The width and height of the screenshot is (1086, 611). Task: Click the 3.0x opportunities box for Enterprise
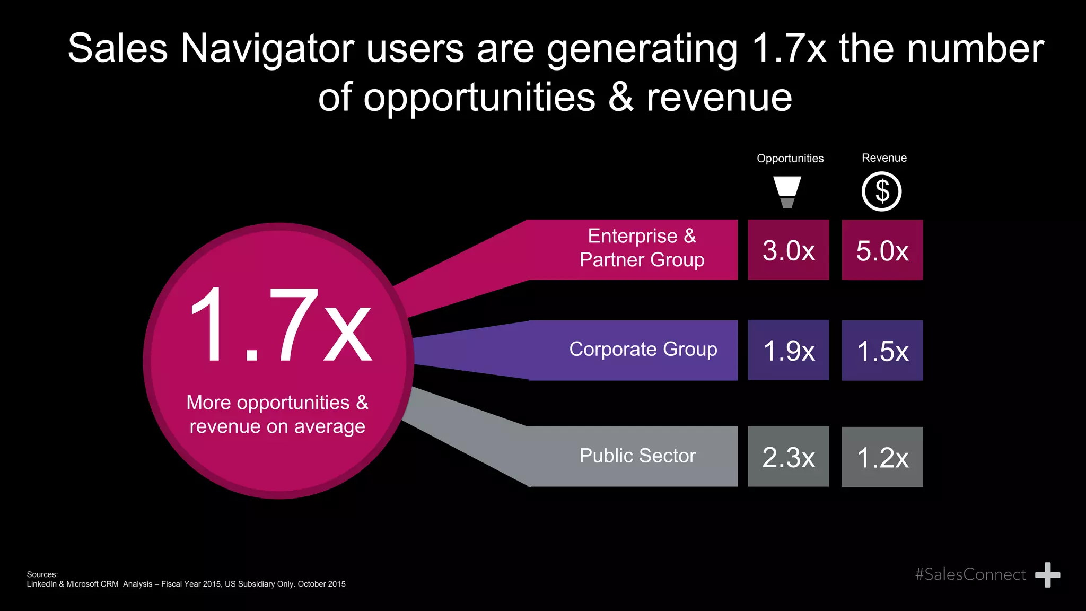pyautogui.click(x=789, y=250)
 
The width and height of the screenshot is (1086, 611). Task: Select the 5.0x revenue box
pyautogui.click(x=882, y=250)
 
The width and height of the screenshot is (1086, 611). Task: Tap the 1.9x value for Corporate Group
pyautogui.click(x=789, y=350)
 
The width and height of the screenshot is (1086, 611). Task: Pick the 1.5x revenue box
pyautogui.click(x=882, y=351)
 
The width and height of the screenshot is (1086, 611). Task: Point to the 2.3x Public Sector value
pyautogui.click(x=789, y=457)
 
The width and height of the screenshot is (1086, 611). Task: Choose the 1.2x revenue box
pyautogui.click(x=882, y=457)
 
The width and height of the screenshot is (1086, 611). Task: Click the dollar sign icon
pyautogui.click(x=882, y=191)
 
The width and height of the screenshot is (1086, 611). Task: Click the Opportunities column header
pyautogui.click(x=790, y=159)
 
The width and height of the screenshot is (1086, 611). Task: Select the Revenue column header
pyautogui.click(x=884, y=158)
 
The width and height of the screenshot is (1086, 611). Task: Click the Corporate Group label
pyautogui.click(x=643, y=350)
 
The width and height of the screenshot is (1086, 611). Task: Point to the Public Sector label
pyautogui.click(x=637, y=456)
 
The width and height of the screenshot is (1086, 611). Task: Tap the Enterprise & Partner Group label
pyautogui.click(x=642, y=248)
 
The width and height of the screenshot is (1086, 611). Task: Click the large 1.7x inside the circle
pyautogui.click(x=280, y=325)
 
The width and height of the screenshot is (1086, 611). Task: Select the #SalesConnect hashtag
pyautogui.click(x=970, y=574)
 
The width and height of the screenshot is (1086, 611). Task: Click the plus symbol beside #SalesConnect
pyautogui.click(x=1047, y=575)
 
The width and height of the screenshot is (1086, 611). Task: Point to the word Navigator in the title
pyautogui.click(x=267, y=49)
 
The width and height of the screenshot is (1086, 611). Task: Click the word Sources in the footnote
pyautogui.click(x=42, y=574)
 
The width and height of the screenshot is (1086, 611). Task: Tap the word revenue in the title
pyautogui.click(x=719, y=98)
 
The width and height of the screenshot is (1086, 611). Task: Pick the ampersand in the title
pyautogui.click(x=620, y=98)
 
